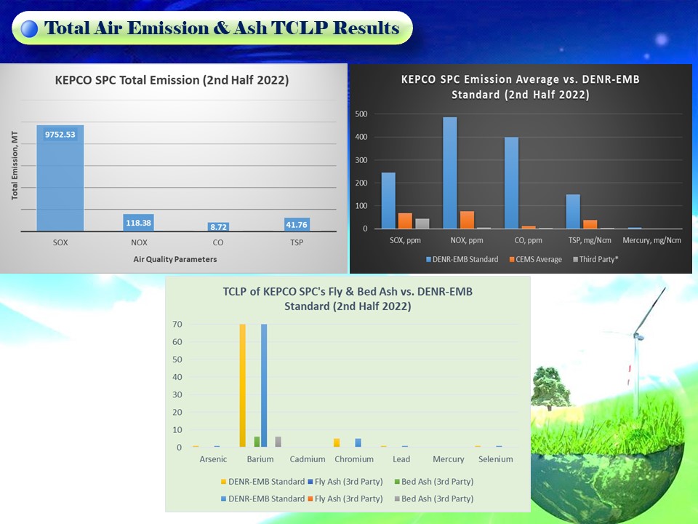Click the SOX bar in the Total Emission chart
[x=60, y=178]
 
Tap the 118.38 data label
[x=138, y=223]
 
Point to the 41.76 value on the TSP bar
[x=297, y=225]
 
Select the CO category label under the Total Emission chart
[x=217, y=242]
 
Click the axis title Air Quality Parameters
[x=175, y=259]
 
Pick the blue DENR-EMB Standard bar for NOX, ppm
[x=449, y=173]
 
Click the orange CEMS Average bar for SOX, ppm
[x=405, y=221]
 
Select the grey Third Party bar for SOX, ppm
[x=422, y=223]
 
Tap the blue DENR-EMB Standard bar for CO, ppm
[x=511, y=183]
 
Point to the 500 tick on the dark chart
[x=361, y=114]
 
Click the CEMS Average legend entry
[x=536, y=259]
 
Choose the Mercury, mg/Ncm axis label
[x=651, y=240]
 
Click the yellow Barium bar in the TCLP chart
[x=243, y=386]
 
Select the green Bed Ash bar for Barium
[x=257, y=442]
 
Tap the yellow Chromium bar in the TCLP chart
[x=337, y=442]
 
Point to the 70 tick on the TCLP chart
[x=177, y=325]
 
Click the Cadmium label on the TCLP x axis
[x=307, y=459]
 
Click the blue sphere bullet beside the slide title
[x=29, y=28]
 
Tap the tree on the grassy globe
[x=550, y=386]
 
